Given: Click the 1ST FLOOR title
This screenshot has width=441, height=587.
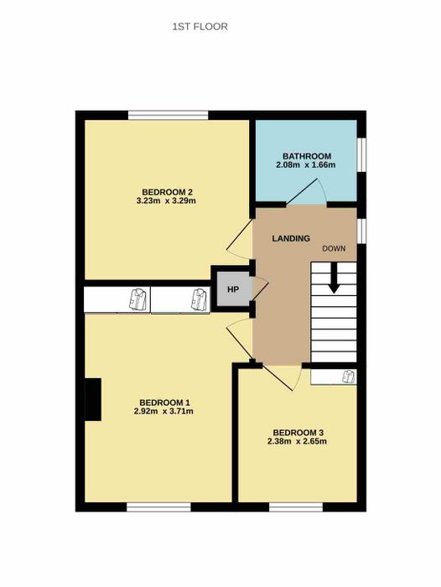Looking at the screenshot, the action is [x=200, y=27].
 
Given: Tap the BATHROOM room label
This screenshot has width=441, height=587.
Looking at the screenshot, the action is [x=307, y=156].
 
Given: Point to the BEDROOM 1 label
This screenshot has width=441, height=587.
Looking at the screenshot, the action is [x=164, y=403].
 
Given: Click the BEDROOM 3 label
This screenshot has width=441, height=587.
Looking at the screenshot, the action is [x=298, y=433].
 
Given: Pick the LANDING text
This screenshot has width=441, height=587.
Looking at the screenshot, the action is [x=291, y=238].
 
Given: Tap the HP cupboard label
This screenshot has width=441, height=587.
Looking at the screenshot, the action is [x=233, y=289].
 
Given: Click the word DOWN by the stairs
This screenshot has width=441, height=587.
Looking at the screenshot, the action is [x=334, y=248].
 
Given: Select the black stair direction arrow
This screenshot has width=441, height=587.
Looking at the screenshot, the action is [x=334, y=278].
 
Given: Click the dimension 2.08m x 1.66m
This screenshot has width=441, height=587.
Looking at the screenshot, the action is [x=305, y=164].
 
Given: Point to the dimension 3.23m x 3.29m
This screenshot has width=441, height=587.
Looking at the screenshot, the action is [x=166, y=201].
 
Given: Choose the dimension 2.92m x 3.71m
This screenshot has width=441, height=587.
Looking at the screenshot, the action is [x=163, y=412].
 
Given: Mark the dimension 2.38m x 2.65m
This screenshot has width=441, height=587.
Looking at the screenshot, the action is [x=298, y=441].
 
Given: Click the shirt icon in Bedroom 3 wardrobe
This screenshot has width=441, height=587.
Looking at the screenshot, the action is [x=349, y=377].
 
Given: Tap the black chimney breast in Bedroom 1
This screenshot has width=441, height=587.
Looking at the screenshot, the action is [x=93, y=399].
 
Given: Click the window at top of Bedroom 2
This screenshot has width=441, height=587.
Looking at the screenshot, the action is [x=168, y=115].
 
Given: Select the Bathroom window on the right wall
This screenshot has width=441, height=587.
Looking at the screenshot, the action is [x=361, y=155].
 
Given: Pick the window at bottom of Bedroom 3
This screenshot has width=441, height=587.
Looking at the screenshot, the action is [x=296, y=507].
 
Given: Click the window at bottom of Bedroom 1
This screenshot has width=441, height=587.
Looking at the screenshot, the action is [x=158, y=507].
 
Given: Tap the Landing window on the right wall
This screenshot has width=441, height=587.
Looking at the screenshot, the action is [x=361, y=231].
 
